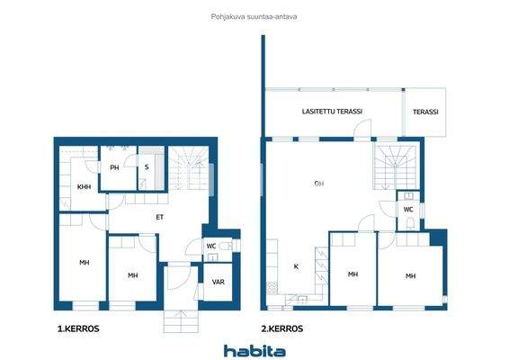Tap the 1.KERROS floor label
click(77, 329)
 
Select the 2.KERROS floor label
click(281, 329)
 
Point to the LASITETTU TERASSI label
click(332, 112)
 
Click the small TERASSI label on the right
click(425, 112)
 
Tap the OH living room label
click(318, 184)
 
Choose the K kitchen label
click(296, 266)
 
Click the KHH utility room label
click(83, 187)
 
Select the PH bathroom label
click(114, 168)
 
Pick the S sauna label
click(147, 167)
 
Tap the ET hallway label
click(159, 217)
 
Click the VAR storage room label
click(218, 282)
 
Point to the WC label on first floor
click(211, 246)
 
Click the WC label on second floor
click(407, 210)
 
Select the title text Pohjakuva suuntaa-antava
click(254, 15)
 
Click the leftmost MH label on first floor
click(84, 263)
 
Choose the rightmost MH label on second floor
click(410, 275)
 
